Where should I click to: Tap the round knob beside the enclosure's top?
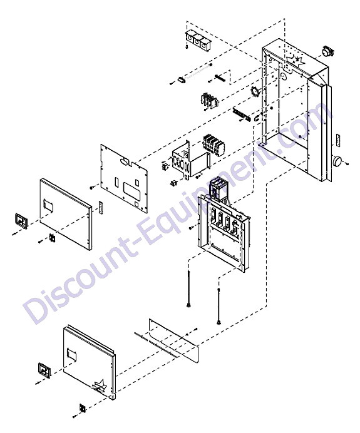coord(327,52)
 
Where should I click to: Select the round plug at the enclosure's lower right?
coord(337,160)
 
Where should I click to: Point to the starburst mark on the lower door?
coord(100,386)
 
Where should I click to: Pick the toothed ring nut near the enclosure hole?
coord(254,92)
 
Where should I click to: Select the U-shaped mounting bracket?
coord(191,159)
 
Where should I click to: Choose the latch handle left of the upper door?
coord(21,221)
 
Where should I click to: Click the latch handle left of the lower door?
coord(44,370)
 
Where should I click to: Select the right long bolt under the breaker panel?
coord(219,306)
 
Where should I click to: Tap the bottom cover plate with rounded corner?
coord(174,340)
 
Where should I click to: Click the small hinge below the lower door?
coord(83,408)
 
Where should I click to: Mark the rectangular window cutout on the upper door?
coord(48,206)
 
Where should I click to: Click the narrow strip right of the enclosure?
coord(338,141)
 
